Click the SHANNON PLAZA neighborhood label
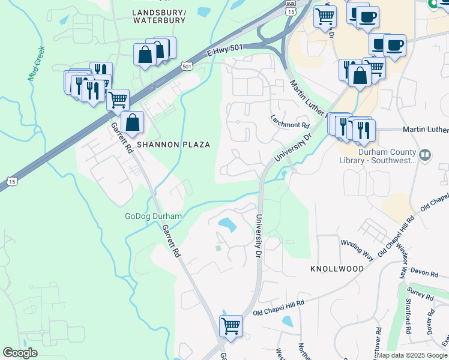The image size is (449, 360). tap(173, 145)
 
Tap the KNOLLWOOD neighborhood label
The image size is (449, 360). tap(337, 269)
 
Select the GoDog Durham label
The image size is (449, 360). tap(149, 216)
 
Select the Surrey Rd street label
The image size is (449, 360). tap(420, 293)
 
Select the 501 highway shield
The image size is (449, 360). tap(187, 66)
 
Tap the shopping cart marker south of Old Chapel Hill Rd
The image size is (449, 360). tap(231, 327)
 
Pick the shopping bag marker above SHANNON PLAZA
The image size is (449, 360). tap(132, 123)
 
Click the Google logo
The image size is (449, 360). tap(20, 353)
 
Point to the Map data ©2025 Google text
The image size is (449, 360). tap(412, 355)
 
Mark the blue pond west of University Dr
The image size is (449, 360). tap(228, 225)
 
